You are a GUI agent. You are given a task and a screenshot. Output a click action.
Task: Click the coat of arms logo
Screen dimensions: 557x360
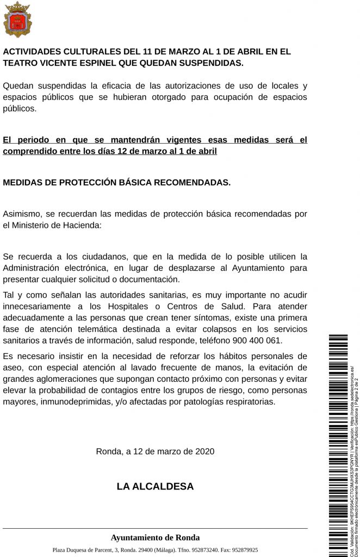(x=17, y=20)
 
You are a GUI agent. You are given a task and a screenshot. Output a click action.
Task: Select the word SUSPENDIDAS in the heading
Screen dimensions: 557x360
(x=208, y=63)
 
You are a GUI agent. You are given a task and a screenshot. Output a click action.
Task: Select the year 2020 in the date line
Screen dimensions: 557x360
(x=204, y=451)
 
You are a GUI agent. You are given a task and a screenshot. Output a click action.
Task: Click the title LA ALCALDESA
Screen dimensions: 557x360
(x=155, y=486)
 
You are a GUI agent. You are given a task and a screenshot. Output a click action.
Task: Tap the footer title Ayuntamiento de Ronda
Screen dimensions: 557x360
(x=155, y=537)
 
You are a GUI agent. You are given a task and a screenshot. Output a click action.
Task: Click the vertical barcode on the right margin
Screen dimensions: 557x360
(x=338, y=446)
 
